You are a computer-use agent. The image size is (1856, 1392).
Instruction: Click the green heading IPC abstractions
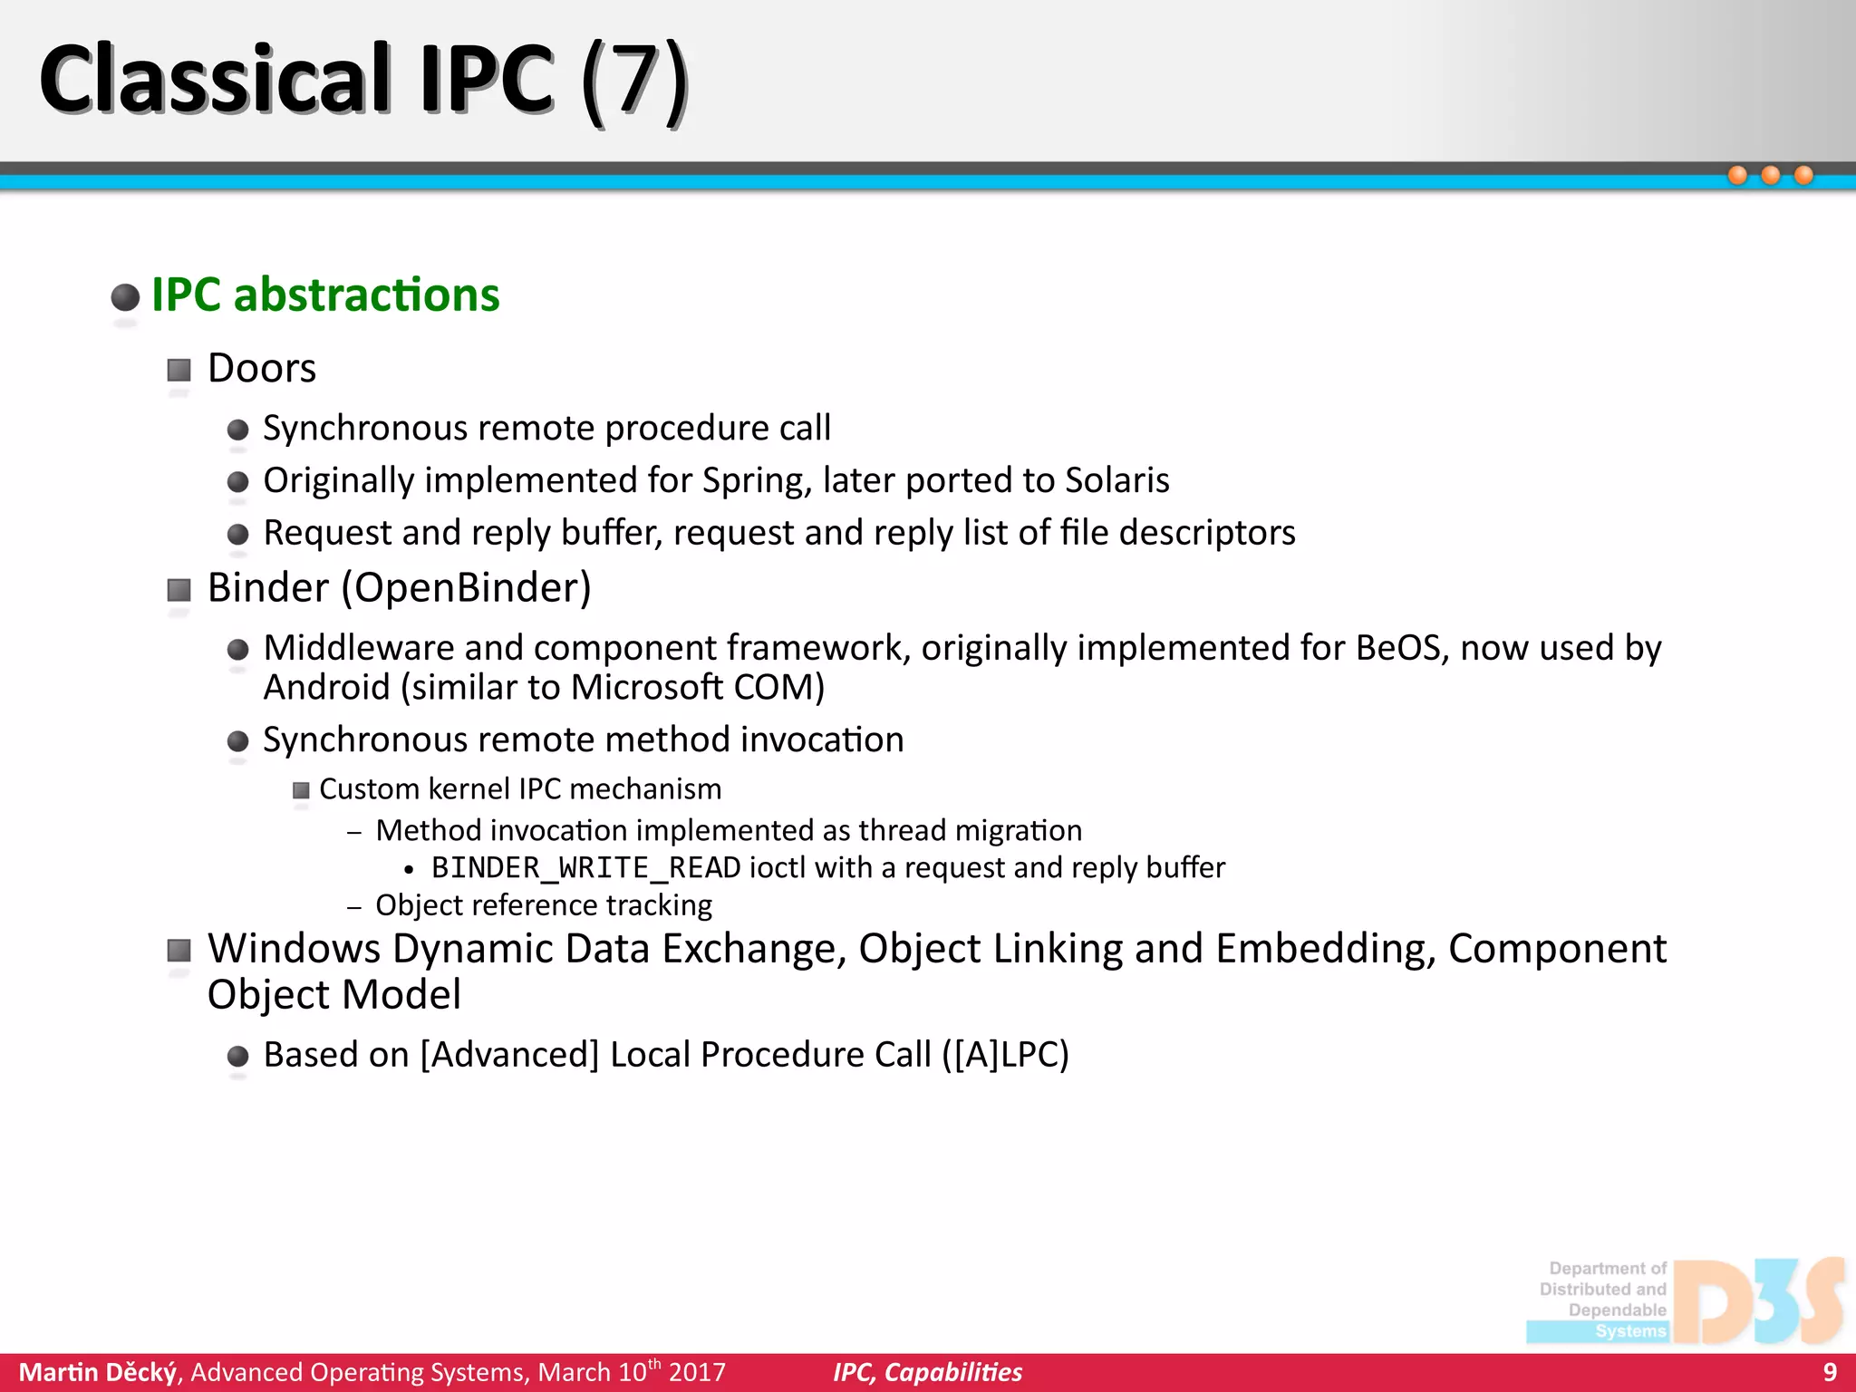[x=325, y=295]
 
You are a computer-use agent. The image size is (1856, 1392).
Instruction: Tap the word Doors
[x=262, y=369]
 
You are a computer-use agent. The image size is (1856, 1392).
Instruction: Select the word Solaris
[x=1116, y=480]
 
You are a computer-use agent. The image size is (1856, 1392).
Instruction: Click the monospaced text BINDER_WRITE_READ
[x=585, y=868]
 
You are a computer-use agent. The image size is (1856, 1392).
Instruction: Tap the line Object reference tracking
[x=544, y=905]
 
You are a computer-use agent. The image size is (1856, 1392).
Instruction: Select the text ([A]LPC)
[x=1005, y=1055]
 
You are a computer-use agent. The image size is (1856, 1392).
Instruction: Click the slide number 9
[x=1829, y=1372]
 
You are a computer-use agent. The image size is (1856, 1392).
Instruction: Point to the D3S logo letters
[x=1758, y=1301]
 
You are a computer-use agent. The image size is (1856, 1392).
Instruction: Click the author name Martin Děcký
[x=98, y=1372]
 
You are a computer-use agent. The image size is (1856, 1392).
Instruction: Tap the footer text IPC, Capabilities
[x=927, y=1372]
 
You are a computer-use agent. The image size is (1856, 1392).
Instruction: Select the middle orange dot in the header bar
[x=1770, y=175]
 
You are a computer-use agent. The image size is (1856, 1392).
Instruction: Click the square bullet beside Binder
[x=179, y=591]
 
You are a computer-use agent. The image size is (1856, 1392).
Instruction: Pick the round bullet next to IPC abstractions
[x=125, y=297]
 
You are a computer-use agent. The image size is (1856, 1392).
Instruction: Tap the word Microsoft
[x=647, y=688]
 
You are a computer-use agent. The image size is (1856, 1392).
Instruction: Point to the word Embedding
[x=1325, y=949]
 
